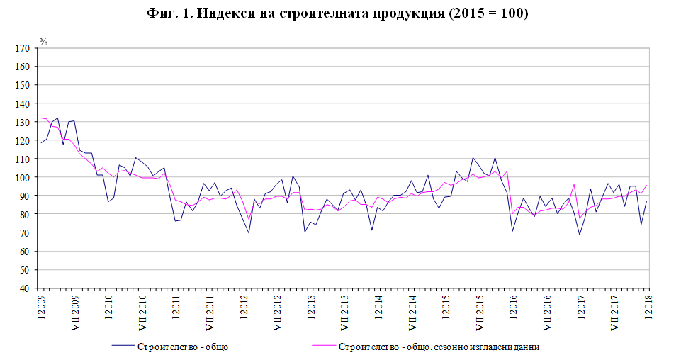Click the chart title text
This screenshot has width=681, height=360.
click(340, 14)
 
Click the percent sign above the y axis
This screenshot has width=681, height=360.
click(43, 41)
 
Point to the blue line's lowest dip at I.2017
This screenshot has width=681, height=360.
click(580, 235)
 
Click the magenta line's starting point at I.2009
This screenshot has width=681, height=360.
click(41, 118)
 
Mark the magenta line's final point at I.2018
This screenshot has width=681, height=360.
click(648, 186)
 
